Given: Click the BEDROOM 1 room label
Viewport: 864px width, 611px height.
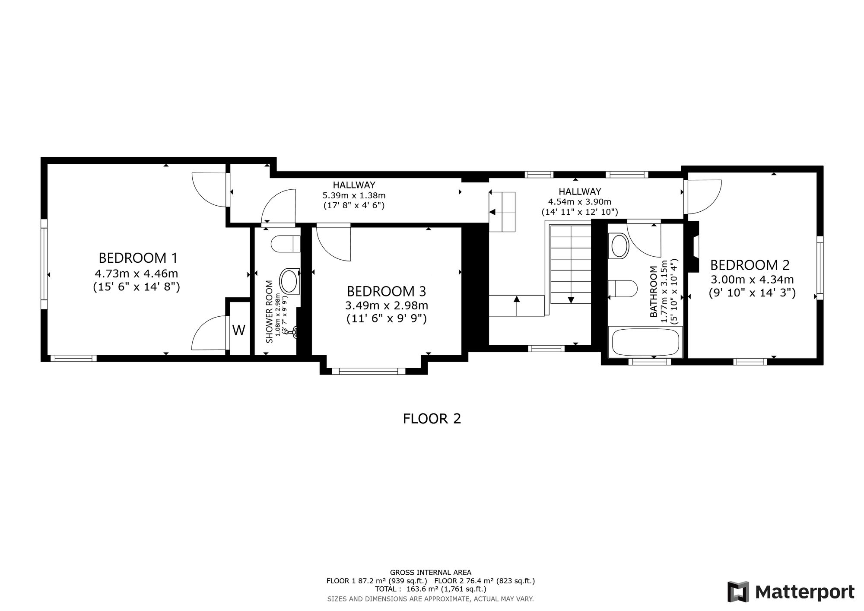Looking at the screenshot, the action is [x=138, y=258].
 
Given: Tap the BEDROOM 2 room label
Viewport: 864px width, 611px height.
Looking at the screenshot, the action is [x=750, y=264].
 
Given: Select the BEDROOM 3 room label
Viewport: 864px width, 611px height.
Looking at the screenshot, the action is [x=386, y=291].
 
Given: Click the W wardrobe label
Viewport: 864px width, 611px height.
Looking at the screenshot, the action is [x=239, y=330].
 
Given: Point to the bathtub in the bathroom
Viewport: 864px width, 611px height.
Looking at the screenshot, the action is [x=645, y=342].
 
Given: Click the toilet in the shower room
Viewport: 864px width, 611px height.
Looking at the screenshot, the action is [x=286, y=244].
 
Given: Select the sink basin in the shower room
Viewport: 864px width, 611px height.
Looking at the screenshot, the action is [x=290, y=281].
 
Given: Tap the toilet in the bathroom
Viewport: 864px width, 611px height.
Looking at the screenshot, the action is [x=623, y=288].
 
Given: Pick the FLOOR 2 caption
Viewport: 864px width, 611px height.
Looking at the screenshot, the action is [x=432, y=419].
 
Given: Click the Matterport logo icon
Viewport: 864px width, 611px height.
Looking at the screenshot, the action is [x=738, y=592].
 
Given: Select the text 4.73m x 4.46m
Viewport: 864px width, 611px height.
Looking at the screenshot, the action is [x=136, y=274].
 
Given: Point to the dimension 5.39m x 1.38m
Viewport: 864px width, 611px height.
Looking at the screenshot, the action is [x=354, y=195].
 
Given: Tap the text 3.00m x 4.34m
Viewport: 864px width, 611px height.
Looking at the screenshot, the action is [x=752, y=280].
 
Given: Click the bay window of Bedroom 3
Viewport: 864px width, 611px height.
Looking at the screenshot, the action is [x=368, y=371].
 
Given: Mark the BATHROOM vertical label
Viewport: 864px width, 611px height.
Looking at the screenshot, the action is [x=654, y=292].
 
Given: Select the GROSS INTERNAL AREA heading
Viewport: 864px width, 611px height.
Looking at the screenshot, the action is [x=431, y=573].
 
